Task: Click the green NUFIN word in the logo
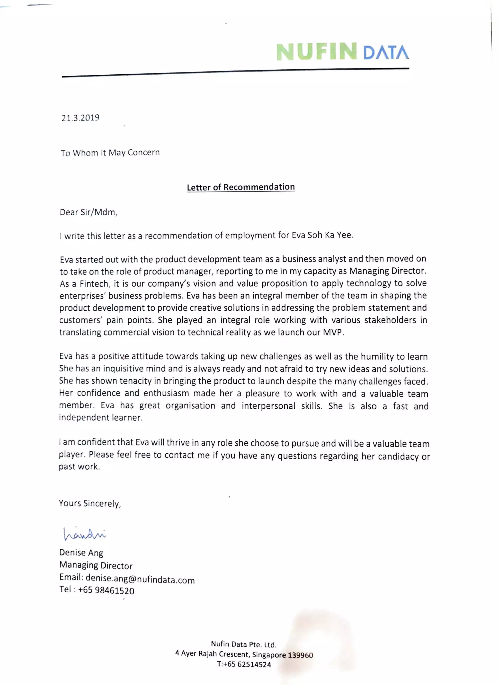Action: tap(316, 52)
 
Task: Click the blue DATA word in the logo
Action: tap(386, 52)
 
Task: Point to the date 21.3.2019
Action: tap(80, 118)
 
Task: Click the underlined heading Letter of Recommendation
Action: tap(240, 187)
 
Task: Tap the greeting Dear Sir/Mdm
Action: tap(88, 212)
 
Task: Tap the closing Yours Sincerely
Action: tap(90, 503)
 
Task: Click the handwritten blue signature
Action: tap(84, 534)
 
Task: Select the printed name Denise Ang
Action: tap(81, 553)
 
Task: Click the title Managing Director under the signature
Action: tap(96, 565)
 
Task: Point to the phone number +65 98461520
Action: tap(106, 590)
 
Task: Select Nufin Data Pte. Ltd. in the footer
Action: tap(244, 644)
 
